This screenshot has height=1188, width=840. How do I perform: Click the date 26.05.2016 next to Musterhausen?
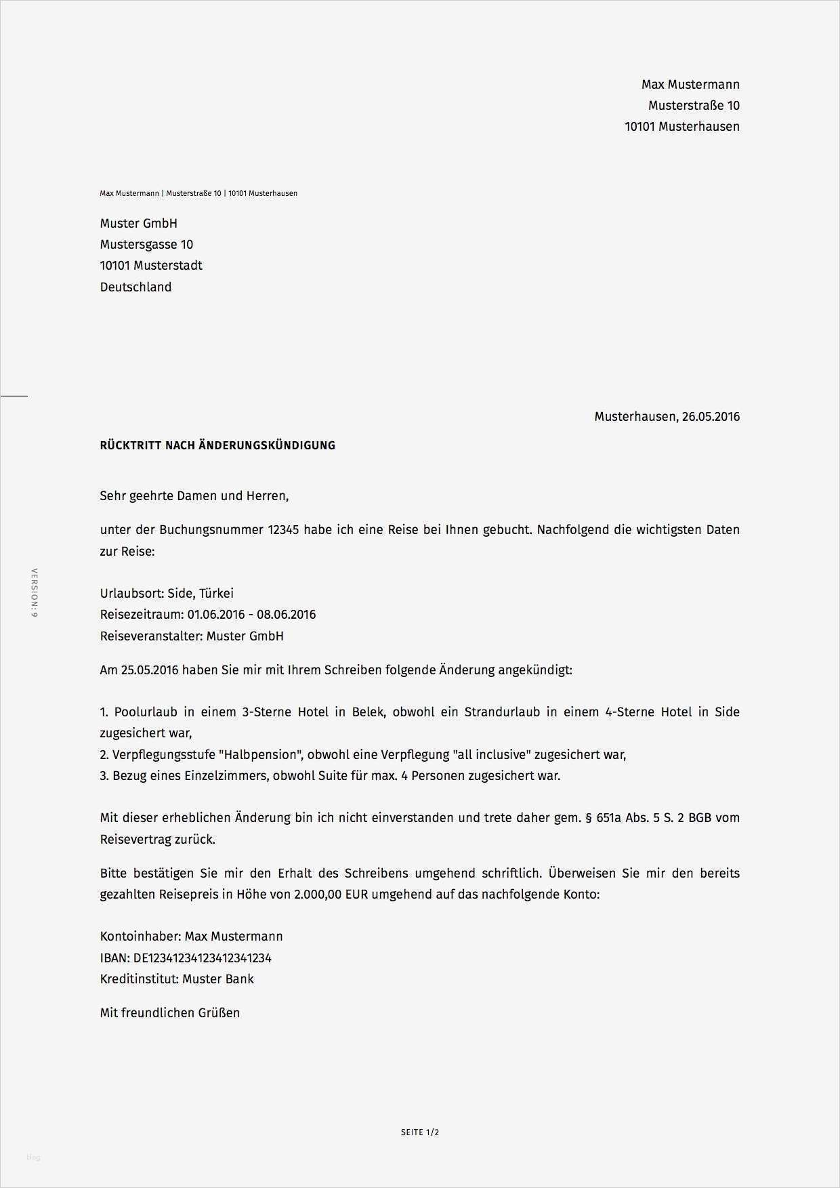pos(711,417)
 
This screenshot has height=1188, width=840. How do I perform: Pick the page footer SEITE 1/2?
pos(420,1132)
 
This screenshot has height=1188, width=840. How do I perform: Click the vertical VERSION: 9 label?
pos(35,592)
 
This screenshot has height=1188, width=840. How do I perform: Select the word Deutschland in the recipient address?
pos(135,287)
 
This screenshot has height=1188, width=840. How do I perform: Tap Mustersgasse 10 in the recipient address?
pos(146,245)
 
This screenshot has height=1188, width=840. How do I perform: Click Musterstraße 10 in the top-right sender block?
pos(694,106)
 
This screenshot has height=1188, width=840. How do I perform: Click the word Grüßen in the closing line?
pos(219,1013)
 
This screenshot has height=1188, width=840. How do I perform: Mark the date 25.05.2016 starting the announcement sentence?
pos(149,670)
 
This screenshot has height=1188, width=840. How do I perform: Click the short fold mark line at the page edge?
pos(14,395)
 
